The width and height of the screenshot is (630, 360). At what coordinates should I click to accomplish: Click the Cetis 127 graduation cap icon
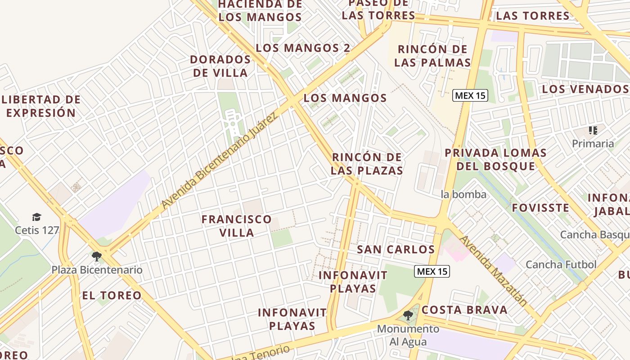pos(36,217)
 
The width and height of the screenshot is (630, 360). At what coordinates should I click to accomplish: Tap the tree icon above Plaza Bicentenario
pos(96,256)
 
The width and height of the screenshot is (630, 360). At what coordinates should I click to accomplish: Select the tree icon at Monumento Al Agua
pos(408,315)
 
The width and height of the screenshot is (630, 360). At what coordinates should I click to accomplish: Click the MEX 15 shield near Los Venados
pos(470,95)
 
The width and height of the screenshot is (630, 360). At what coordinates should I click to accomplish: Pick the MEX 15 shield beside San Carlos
pos(432,271)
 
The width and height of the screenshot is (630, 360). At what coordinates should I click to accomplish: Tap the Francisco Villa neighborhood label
pos(237,226)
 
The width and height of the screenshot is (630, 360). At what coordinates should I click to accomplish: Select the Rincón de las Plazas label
pos(367,164)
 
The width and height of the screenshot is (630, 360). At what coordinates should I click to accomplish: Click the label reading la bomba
pos(463,194)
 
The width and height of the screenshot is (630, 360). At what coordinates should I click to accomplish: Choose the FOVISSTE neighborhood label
pos(540,208)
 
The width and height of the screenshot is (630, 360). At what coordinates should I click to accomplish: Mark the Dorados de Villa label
pos(220,66)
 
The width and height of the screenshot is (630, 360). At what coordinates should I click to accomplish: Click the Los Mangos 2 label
pos(303,48)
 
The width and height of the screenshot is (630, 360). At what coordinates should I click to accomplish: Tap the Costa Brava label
pos(464,310)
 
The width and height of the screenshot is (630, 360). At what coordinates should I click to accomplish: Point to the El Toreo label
pos(112,296)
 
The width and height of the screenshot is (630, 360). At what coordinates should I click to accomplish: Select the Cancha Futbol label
pos(561,265)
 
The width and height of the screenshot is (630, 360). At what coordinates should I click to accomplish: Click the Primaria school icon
pos(593,130)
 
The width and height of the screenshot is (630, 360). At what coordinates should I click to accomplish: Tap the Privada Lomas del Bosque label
pos(495,159)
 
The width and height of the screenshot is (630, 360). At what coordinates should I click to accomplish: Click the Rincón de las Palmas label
pos(432,56)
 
